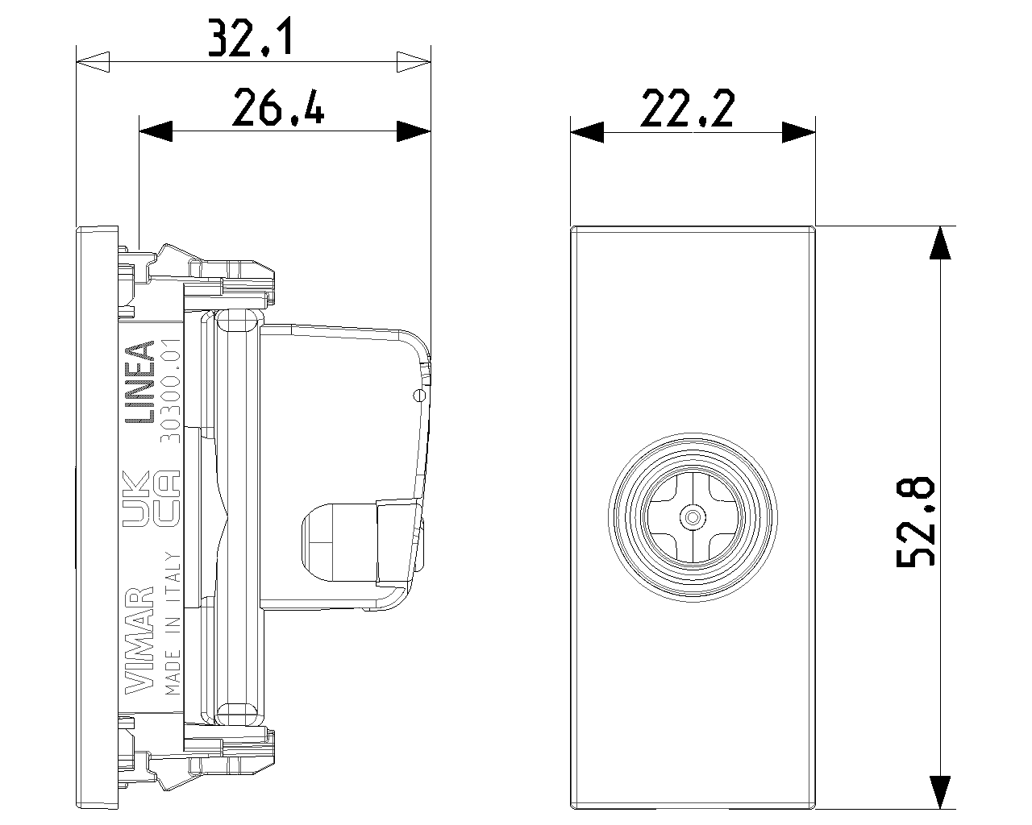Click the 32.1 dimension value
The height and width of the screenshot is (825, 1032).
tap(250, 38)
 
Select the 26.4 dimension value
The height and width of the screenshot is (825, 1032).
tap(278, 107)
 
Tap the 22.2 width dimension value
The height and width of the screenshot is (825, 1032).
tap(687, 108)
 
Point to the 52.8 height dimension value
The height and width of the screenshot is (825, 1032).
tap(915, 521)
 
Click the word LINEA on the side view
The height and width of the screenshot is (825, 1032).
tap(139, 382)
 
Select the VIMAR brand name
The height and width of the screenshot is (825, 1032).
tap(139, 640)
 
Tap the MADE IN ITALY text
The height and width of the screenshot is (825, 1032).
tap(173, 624)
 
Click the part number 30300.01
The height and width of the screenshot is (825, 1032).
tap(170, 391)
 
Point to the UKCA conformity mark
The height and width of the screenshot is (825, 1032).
tap(151, 499)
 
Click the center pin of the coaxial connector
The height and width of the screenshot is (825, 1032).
tap(693, 517)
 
